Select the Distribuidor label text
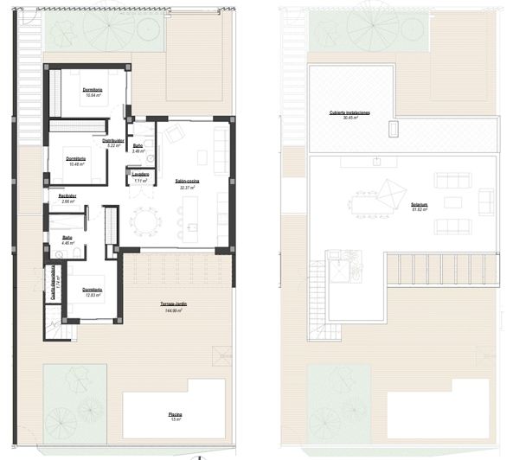[x=113, y=140]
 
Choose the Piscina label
[x=175, y=415]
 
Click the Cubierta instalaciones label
[x=349, y=113]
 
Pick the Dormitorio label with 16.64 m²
[x=93, y=90]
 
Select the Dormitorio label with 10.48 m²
[x=76, y=158]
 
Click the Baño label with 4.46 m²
[x=66, y=238]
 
